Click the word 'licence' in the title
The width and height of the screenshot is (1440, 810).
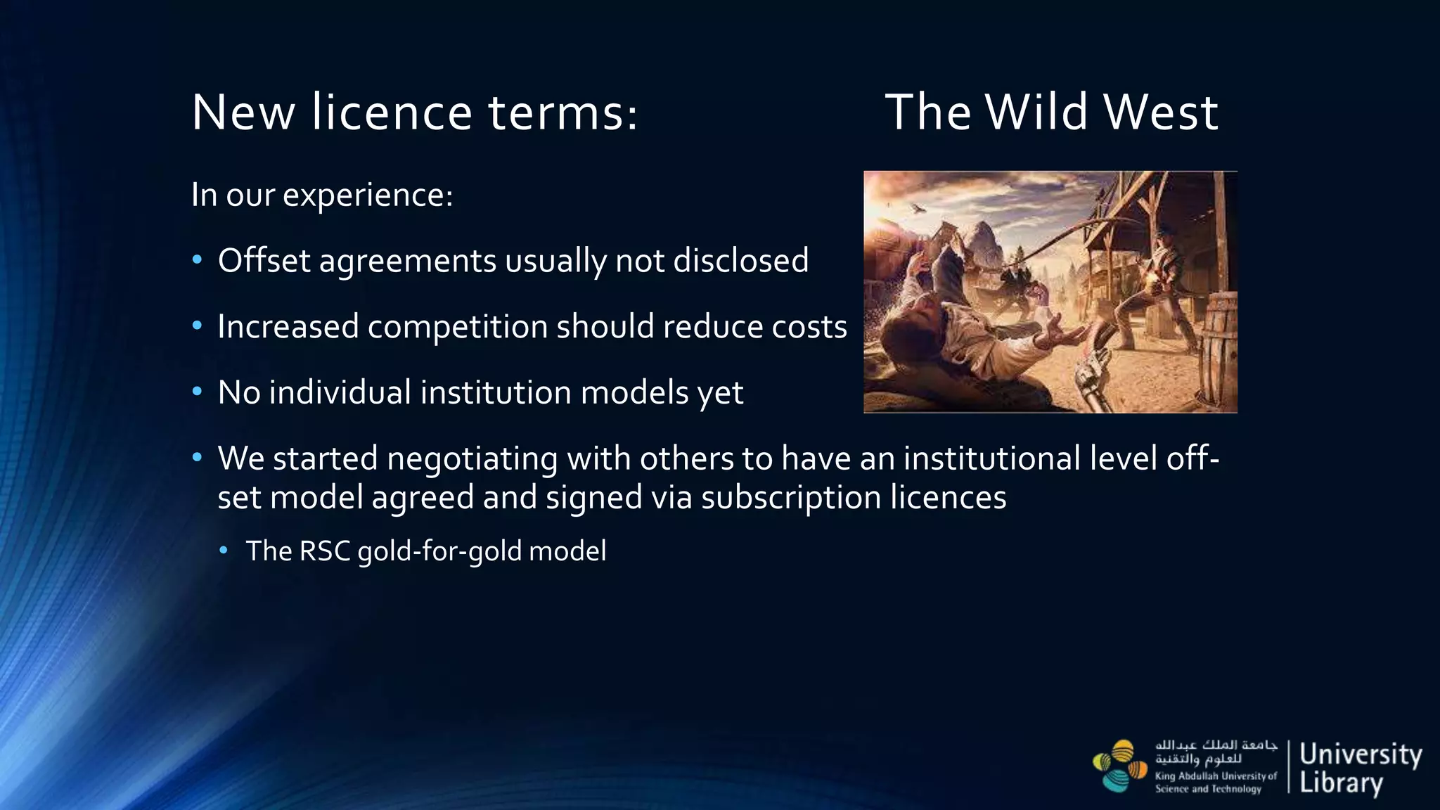[x=392, y=112]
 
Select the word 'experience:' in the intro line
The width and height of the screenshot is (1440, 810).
[x=368, y=195]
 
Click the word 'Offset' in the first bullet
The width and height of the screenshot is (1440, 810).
[x=264, y=261]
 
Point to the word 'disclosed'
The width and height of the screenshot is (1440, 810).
[x=740, y=261]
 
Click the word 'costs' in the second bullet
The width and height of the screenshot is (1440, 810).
[x=809, y=327]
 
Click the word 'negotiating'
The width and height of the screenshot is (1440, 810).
[x=472, y=458]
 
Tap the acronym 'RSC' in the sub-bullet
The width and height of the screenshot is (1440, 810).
[x=325, y=551]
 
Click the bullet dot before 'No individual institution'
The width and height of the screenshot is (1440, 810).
[x=198, y=391]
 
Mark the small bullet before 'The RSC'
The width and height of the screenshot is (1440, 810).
[x=224, y=551]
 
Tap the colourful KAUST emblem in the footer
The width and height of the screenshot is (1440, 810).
[x=1120, y=766]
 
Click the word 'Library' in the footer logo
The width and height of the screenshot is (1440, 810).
[x=1341, y=783]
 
